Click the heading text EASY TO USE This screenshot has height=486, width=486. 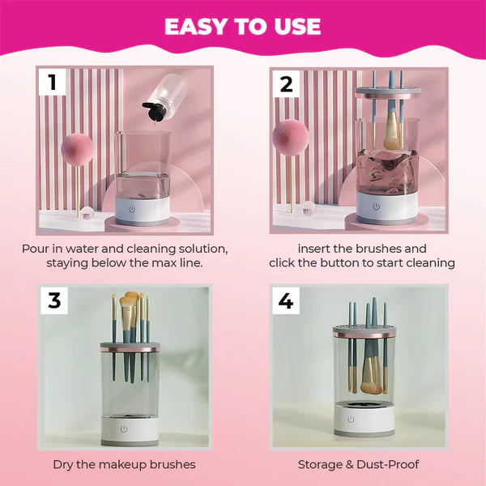point(243,26)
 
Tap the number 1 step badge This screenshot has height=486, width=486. point(53,82)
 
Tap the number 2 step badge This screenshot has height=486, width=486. point(286,82)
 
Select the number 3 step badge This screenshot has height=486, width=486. point(53,300)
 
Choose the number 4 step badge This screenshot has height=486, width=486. point(286,301)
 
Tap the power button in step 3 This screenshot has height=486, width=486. point(124,428)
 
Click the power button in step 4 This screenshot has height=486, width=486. point(351,419)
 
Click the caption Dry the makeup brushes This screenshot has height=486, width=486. point(124,464)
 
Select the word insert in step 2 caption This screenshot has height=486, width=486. point(316,249)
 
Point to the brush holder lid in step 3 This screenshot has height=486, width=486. point(130,347)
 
